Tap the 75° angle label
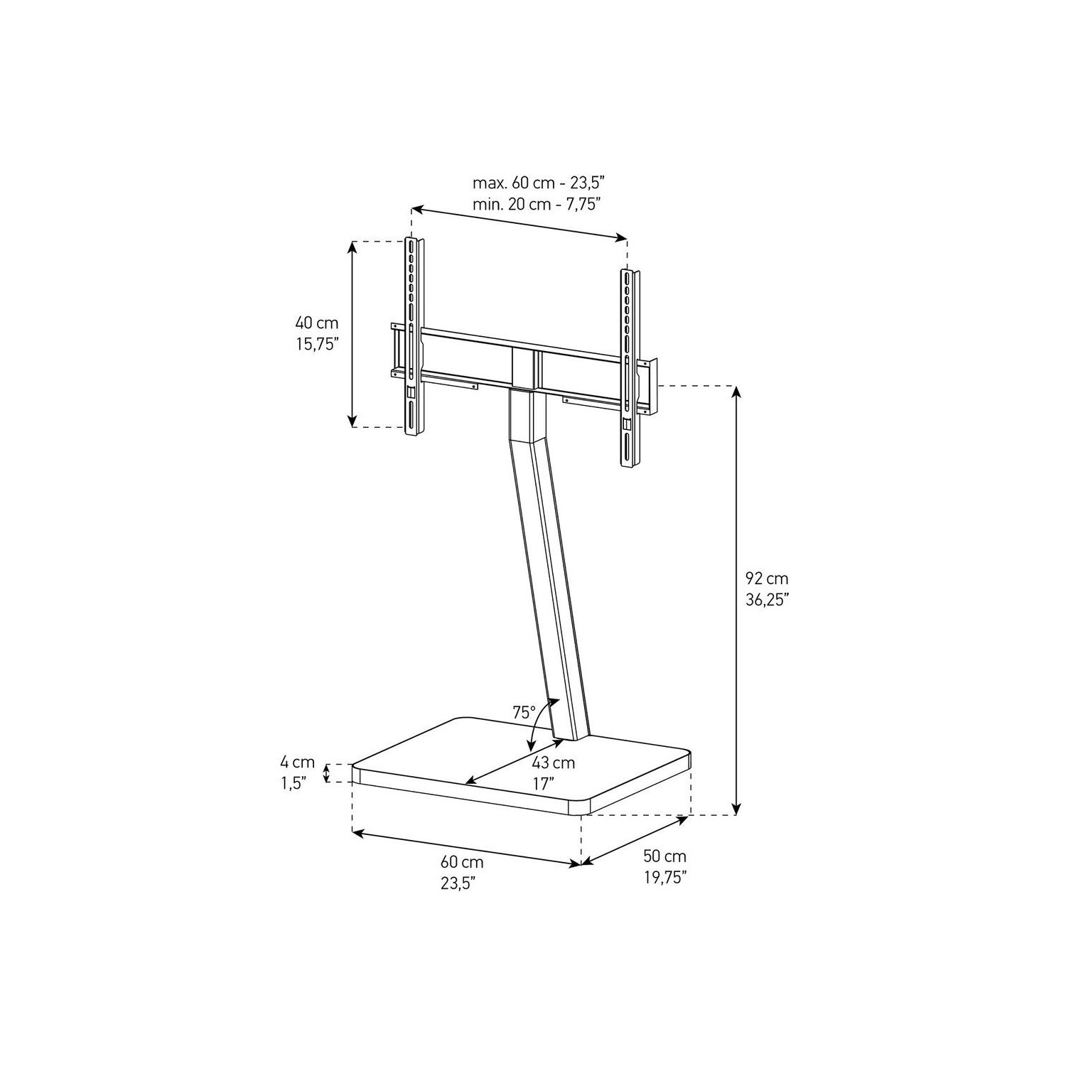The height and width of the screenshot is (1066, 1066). (524, 712)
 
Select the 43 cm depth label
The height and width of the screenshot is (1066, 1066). (553, 764)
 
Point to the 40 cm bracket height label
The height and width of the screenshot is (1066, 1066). (317, 323)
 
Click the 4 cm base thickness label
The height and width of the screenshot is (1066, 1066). (297, 763)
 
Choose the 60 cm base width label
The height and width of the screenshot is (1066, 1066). (462, 863)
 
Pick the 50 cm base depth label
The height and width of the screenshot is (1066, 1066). (665, 856)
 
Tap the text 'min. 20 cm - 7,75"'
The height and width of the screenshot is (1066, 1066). (537, 204)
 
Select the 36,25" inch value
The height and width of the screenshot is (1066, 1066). (767, 600)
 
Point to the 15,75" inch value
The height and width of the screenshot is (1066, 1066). (317, 345)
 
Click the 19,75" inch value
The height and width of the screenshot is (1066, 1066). (665, 878)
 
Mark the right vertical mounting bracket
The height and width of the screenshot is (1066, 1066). (630, 370)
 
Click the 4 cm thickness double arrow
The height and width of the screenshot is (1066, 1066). (328, 773)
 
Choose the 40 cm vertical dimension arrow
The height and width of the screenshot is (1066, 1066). (352, 334)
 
